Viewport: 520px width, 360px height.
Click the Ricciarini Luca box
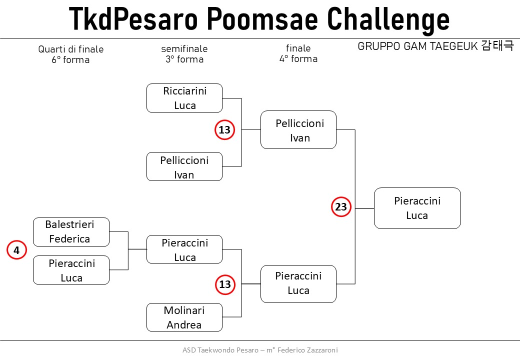(184, 98)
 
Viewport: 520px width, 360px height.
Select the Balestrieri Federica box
(71, 232)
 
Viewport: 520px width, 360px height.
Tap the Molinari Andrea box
(184, 317)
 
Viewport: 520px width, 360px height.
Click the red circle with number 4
(16, 250)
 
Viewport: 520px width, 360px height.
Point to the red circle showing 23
(341, 207)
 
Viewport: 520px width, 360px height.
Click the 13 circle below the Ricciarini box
(225, 129)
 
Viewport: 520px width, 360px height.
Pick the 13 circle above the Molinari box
(225, 284)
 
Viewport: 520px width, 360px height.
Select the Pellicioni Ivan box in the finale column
(298, 130)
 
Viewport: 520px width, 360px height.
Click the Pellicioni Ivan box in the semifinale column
(184, 166)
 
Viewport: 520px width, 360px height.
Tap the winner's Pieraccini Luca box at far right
(417, 208)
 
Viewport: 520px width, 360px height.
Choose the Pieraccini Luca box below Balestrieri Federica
(71, 270)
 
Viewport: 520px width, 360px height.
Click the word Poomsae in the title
(262, 19)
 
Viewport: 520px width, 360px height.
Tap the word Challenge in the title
(388, 20)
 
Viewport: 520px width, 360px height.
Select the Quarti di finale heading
(71, 49)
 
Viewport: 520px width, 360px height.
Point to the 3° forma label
(184, 59)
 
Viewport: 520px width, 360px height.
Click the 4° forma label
(298, 59)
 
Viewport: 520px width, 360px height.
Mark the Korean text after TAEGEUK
(497, 45)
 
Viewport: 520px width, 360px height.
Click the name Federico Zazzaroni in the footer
(308, 350)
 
